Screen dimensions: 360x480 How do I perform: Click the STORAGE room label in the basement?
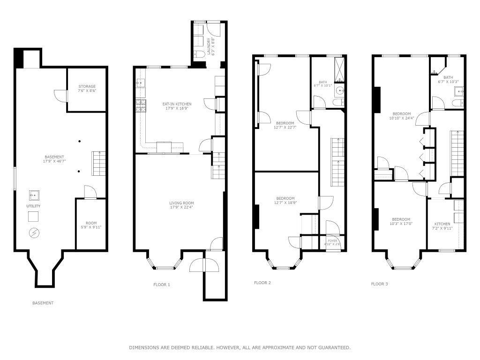[x=87, y=89]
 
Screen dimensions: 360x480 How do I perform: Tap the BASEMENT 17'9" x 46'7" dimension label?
[x=54, y=159]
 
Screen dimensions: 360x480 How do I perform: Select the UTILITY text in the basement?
[x=33, y=206]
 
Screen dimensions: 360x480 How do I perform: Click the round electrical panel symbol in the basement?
[x=34, y=232]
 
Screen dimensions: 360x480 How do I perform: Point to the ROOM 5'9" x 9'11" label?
[x=90, y=225]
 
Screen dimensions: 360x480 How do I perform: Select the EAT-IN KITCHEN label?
[x=177, y=106]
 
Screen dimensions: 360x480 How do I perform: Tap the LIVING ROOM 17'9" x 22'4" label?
[x=181, y=205]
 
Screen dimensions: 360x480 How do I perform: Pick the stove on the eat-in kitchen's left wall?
[x=139, y=107]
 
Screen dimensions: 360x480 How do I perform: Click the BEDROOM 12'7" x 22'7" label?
[x=285, y=125]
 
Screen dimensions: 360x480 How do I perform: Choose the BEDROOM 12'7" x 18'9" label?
[x=285, y=200]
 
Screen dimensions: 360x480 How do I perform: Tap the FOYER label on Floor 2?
[x=332, y=242]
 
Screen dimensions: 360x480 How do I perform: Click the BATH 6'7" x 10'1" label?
[x=322, y=83]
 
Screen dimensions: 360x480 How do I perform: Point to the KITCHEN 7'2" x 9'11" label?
[x=442, y=226]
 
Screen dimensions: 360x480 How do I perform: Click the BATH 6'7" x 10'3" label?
[x=448, y=80]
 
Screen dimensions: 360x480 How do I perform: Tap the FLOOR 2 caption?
[x=262, y=283]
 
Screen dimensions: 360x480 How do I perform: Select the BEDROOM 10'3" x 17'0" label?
[x=401, y=222]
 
